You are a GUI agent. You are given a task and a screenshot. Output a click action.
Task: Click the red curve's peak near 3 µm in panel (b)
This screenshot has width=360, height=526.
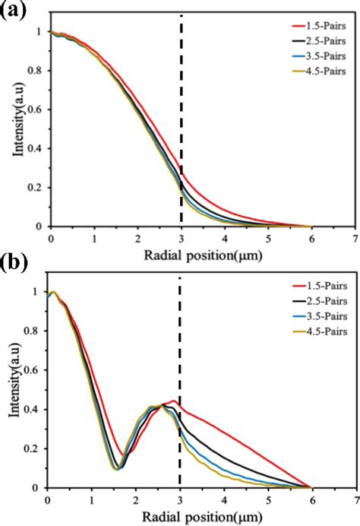tap(174, 401)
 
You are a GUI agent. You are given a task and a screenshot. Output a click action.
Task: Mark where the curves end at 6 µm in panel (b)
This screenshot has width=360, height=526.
tap(311, 488)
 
